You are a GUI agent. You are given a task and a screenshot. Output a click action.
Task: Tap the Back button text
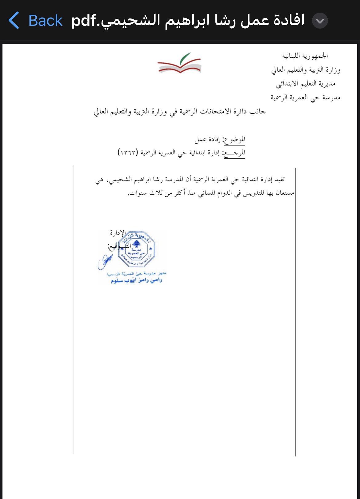click(45, 21)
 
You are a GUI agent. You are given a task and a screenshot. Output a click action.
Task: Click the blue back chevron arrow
click(14, 21)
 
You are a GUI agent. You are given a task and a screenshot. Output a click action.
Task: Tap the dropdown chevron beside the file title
click(320, 21)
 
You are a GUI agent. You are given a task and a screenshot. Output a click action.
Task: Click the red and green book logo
click(179, 63)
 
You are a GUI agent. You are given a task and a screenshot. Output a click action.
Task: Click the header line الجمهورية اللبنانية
click(305, 56)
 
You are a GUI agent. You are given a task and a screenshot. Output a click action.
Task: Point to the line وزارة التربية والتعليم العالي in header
click(306, 70)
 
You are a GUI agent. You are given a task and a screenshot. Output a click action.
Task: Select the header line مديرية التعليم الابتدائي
click(306, 84)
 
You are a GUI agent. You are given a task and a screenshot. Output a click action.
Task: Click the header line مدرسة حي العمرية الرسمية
click(305, 98)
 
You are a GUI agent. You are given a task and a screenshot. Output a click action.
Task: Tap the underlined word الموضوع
click(235, 140)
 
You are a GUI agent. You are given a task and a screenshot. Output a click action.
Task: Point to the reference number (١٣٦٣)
click(128, 152)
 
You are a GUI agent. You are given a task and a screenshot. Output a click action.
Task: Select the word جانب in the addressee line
click(258, 112)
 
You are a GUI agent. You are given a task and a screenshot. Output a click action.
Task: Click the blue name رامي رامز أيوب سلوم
click(136, 280)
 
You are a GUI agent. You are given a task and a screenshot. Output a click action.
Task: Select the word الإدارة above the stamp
click(118, 233)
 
